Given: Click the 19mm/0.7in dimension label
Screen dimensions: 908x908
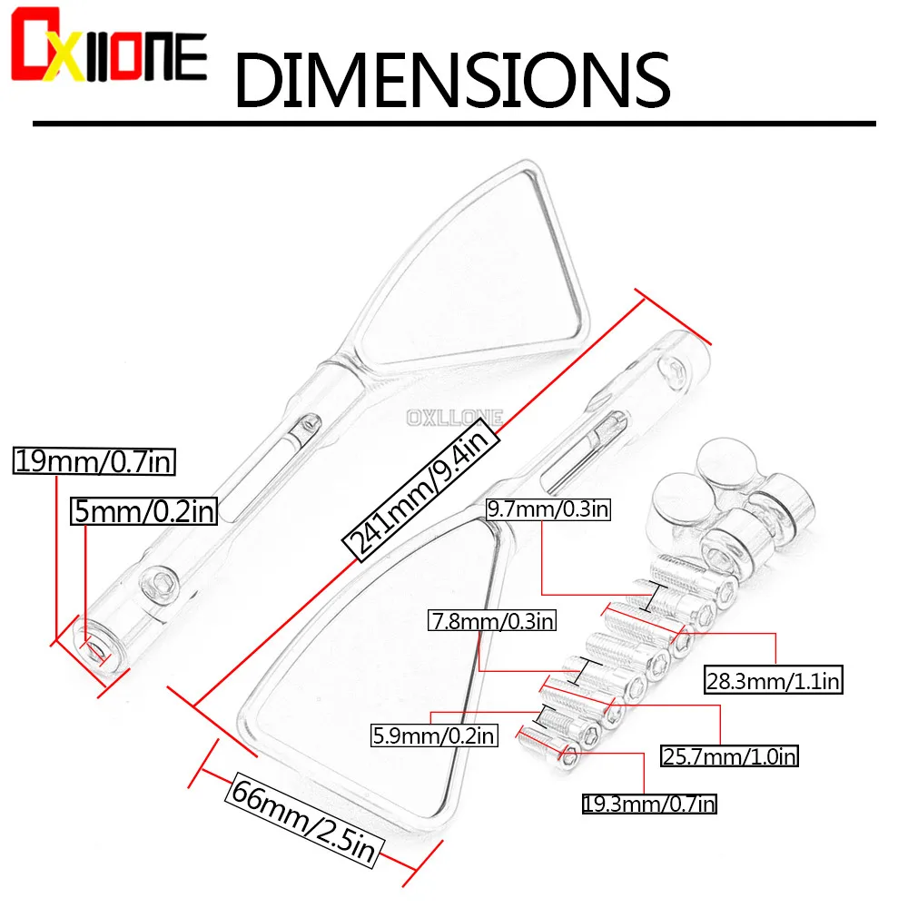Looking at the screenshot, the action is [94, 461].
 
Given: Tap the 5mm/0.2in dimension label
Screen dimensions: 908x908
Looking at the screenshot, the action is [143, 510].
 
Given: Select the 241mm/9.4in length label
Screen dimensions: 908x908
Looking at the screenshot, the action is [421, 490].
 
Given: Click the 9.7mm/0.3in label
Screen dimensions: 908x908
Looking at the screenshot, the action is [548, 509].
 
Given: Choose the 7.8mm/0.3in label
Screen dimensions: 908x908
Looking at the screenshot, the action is [492, 621].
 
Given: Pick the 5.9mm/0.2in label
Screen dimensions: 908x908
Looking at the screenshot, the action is [434, 735].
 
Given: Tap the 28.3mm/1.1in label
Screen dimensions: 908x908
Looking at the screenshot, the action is [774, 680].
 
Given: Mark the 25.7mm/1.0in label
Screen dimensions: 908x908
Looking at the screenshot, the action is [730, 756].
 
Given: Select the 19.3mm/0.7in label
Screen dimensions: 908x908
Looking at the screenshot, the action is [649, 804].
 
